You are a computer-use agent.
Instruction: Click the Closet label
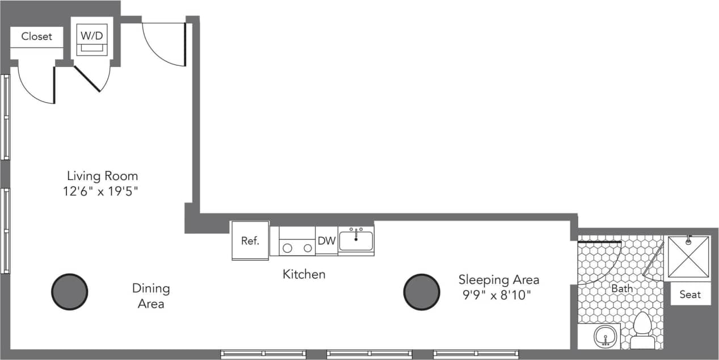36,36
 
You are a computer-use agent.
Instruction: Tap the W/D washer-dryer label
91,35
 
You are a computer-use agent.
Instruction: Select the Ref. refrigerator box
250,240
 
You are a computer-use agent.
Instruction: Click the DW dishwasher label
326,241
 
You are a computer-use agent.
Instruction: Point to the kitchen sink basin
356,241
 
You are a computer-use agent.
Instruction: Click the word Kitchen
304,274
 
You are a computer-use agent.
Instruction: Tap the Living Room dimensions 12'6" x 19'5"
101,191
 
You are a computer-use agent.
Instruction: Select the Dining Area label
151,296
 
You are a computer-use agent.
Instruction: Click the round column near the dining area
70,292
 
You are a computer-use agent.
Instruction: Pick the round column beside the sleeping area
422,292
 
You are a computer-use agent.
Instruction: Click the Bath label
622,288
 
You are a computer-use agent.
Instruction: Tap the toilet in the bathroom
642,329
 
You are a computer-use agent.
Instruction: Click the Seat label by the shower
690,294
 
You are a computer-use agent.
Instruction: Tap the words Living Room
102,175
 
